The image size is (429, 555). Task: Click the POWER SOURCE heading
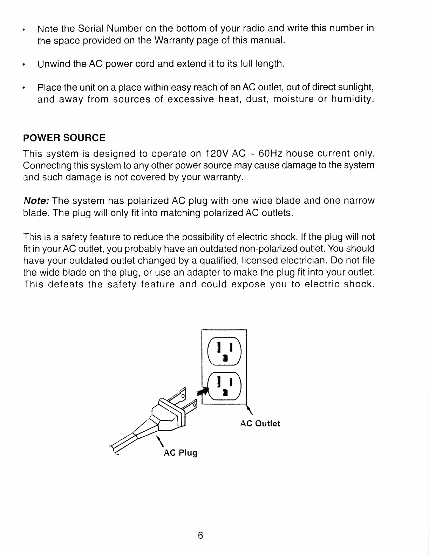(x=64, y=138)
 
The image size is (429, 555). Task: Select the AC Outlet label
(x=260, y=424)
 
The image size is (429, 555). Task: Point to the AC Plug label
(x=181, y=453)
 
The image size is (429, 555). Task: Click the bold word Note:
(x=37, y=201)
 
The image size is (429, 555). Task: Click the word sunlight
(x=356, y=87)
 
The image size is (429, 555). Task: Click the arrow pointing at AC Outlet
(x=250, y=409)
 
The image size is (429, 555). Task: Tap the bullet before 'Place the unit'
(x=23, y=87)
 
